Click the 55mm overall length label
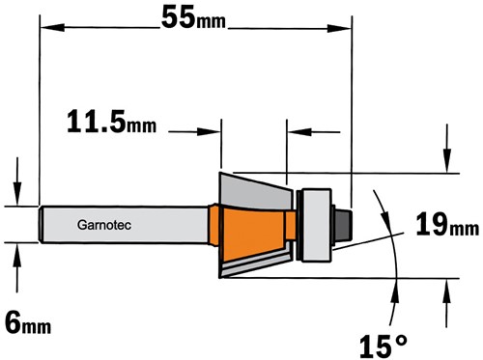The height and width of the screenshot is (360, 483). click(x=193, y=17)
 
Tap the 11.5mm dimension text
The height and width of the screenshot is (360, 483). click(x=112, y=122)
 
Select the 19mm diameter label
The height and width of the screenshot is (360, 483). click(x=447, y=225)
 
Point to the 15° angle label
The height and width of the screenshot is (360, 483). click(x=384, y=346)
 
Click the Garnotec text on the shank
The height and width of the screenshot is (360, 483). click(x=104, y=225)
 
